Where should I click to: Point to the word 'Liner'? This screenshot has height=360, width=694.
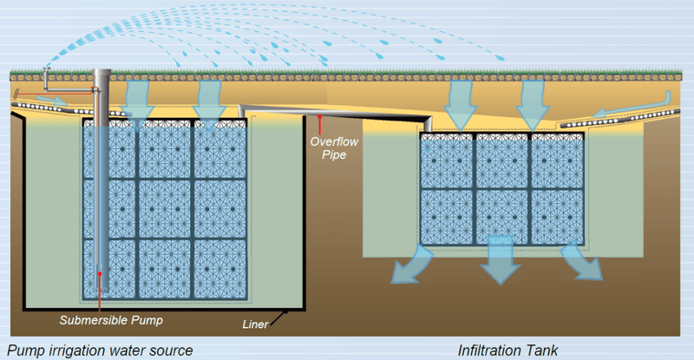click(254, 326)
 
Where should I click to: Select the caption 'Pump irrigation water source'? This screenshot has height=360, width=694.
click(96, 350)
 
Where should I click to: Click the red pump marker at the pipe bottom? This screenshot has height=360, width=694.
click(101, 275)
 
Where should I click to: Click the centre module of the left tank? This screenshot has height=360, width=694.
click(164, 208)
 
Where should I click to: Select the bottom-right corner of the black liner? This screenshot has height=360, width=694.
click(304, 309)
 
